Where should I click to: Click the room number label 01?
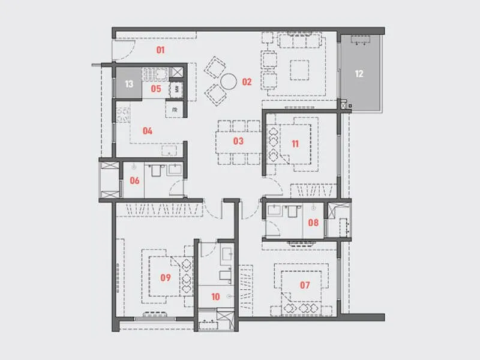pyautogui.click(x=160, y=50)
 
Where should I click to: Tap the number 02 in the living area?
pyautogui.click(x=247, y=82)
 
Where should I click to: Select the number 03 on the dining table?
pyautogui.click(x=238, y=141)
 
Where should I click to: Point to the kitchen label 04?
pyautogui.click(x=148, y=130)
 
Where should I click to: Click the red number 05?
pyautogui.click(x=156, y=89)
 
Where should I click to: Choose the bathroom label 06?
pyautogui.click(x=134, y=180)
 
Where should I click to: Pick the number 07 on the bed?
pyautogui.click(x=305, y=285)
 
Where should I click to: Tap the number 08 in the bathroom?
pyautogui.click(x=313, y=222)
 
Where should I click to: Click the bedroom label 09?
pyautogui.click(x=166, y=277)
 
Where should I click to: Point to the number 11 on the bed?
pyautogui.click(x=295, y=143)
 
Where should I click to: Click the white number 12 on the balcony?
pyautogui.click(x=359, y=74)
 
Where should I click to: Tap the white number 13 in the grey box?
pyautogui.click(x=128, y=84)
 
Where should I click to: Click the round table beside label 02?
pyautogui.click(x=229, y=82)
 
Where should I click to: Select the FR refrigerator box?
pyautogui.click(x=175, y=110)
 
